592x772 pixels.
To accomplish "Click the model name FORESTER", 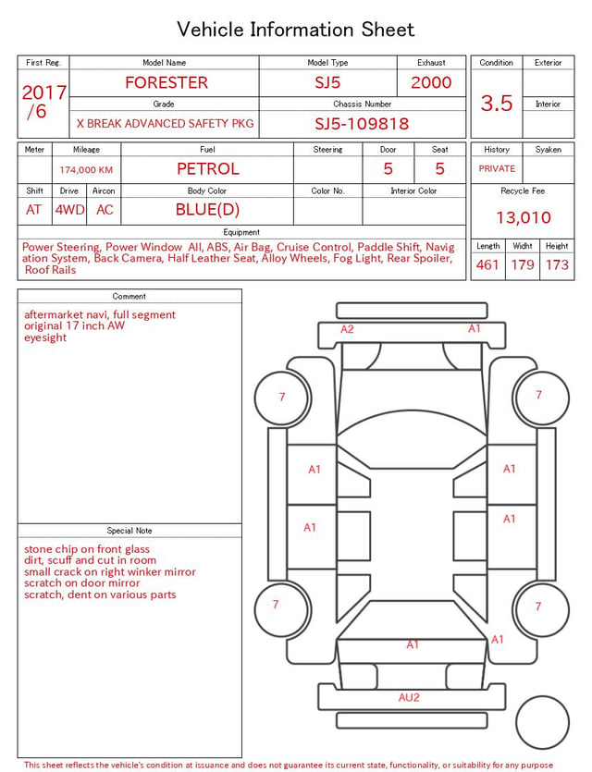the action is [166, 82].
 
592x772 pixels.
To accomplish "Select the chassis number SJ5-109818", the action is [362, 124].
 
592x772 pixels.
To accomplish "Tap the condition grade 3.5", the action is [497, 104].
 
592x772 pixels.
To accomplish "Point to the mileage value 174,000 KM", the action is [86, 170].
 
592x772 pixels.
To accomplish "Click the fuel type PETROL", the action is [208, 169].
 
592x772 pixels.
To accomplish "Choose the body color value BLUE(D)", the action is [207, 210].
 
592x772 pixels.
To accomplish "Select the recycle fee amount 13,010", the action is [523, 217].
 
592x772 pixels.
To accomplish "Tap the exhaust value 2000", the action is [431, 82].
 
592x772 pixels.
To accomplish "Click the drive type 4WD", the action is [69, 210].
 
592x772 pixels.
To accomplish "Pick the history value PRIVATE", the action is [497, 168].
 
